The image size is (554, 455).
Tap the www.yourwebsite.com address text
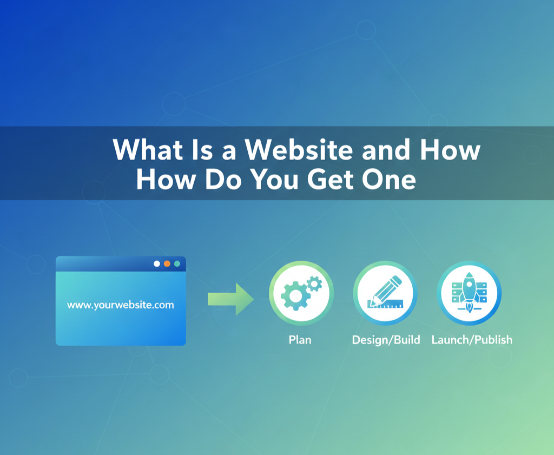pyautogui.click(x=121, y=305)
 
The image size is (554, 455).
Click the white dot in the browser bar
pyautogui.click(x=157, y=263)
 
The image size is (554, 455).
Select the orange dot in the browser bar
pyautogui.click(x=167, y=263)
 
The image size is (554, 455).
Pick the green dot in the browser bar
pyautogui.click(x=177, y=263)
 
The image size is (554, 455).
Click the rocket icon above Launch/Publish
pyautogui.click(x=469, y=294)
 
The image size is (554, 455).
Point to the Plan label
pyautogui.click(x=300, y=340)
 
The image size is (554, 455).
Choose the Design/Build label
pyautogui.click(x=386, y=340)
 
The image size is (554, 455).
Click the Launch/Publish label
pyautogui.click(x=472, y=340)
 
